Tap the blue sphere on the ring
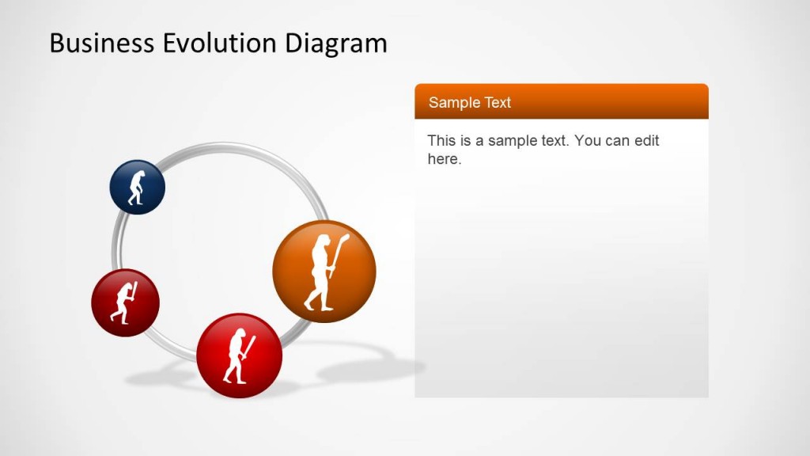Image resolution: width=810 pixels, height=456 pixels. (x=137, y=188)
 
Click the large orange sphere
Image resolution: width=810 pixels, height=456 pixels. (x=324, y=272)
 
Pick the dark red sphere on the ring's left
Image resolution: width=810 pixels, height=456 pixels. (x=125, y=303)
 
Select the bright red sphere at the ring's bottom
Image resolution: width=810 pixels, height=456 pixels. (x=239, y=355)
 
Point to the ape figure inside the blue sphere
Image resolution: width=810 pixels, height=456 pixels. (x=137, y=188)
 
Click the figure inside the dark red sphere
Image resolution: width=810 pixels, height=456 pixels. (x=125, y=303)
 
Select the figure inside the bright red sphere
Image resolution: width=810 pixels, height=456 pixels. (x=237, y=355)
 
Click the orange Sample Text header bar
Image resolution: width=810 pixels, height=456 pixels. (x=561, y=102)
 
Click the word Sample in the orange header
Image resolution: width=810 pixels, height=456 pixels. (x=452, y=103)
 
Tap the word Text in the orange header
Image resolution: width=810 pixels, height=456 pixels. (x=496, y=103)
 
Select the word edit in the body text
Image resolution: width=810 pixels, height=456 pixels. (x=645, y=141)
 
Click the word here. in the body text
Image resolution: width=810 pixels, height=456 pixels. (x=444, y=159)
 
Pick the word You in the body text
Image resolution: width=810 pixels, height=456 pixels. (x=588, y=141)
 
